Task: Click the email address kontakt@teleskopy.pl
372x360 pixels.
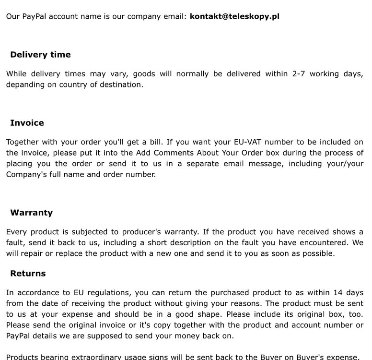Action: click(234, 16)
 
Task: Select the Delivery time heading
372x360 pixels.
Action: click(40, 55)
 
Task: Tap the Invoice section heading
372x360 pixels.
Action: click(27, 123)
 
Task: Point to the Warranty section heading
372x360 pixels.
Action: click(31, 213)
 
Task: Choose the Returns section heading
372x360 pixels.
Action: click(28, 274)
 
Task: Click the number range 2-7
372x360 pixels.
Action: click(298, 74)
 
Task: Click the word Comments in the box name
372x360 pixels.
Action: click(174, 153)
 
